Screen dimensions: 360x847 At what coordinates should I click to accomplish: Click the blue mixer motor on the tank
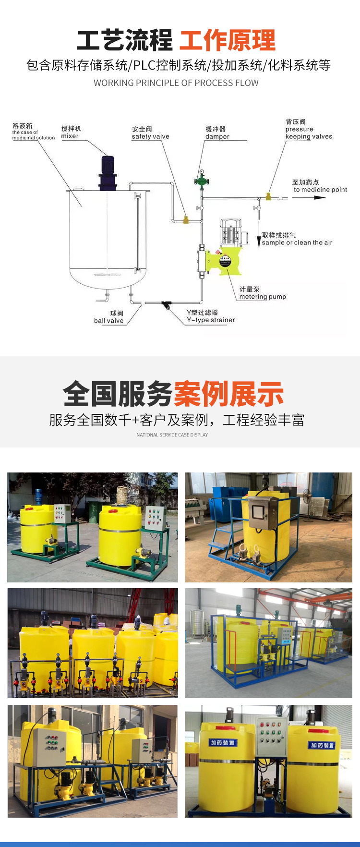click(x=108, y=172)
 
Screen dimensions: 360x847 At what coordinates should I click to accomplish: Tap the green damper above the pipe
click(x=202, y=181)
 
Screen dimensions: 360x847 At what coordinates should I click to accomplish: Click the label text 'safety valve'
click(x=151, y=136)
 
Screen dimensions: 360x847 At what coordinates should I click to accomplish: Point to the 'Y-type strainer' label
click(x=211, y=320)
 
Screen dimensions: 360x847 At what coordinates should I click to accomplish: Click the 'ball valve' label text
click(x=108, y=321)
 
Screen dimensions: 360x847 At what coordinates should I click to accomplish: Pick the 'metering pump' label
click(x=263, y=297)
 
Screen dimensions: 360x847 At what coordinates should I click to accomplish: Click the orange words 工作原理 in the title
click(x=228, y=40)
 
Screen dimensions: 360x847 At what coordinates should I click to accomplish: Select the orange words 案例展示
click(x=228, y=394)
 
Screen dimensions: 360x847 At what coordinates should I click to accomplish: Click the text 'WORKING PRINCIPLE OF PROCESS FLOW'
click(x=176, y=83)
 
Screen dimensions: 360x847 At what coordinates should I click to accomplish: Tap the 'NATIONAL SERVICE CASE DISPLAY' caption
click(x=172, y=435)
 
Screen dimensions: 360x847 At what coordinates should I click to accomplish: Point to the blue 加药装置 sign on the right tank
click(x=322, y=745)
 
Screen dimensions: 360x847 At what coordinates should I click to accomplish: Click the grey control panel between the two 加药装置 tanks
click(x=272, y=737)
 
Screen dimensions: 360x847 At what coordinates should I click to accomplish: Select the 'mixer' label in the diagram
click(x=70, y=136)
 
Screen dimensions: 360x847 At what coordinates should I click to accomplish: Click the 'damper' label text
click(x=217, y=136)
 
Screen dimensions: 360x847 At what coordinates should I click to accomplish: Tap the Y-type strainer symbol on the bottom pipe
click(x=167, y=304)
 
